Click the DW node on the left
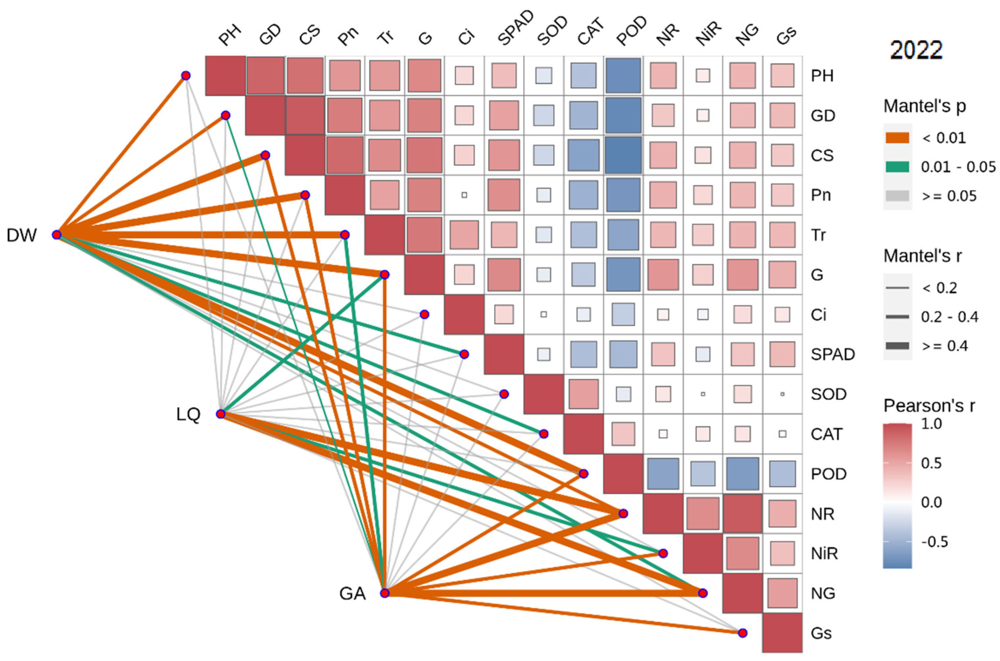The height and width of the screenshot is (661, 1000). click(x=57, y=235)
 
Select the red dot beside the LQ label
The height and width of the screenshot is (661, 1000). click(x=220, y=414)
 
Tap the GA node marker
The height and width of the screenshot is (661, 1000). click(x=384, y=593)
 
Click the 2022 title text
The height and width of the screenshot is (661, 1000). click(x=916, y=50)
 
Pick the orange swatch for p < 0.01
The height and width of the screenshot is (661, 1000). click(x=897, y=138)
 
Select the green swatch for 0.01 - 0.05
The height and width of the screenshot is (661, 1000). click(x=897, y=167)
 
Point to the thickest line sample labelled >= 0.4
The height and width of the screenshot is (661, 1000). click(x=897, y=346)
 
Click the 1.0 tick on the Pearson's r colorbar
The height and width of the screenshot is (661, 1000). click(x=932, y=424)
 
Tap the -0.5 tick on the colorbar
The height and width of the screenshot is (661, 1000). click(x=935, y=542)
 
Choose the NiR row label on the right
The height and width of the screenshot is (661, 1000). click(x=824, y=553)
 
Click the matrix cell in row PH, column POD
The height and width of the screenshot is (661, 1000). click(x=623, y=75)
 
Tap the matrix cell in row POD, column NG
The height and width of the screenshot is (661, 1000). click(x=742, y=474)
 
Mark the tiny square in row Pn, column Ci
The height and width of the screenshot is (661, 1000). click(x=464, y=195)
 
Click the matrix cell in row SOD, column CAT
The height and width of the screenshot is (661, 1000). click(x=583, y=394)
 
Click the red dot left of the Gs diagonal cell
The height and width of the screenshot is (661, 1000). click(x=742, y=633)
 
